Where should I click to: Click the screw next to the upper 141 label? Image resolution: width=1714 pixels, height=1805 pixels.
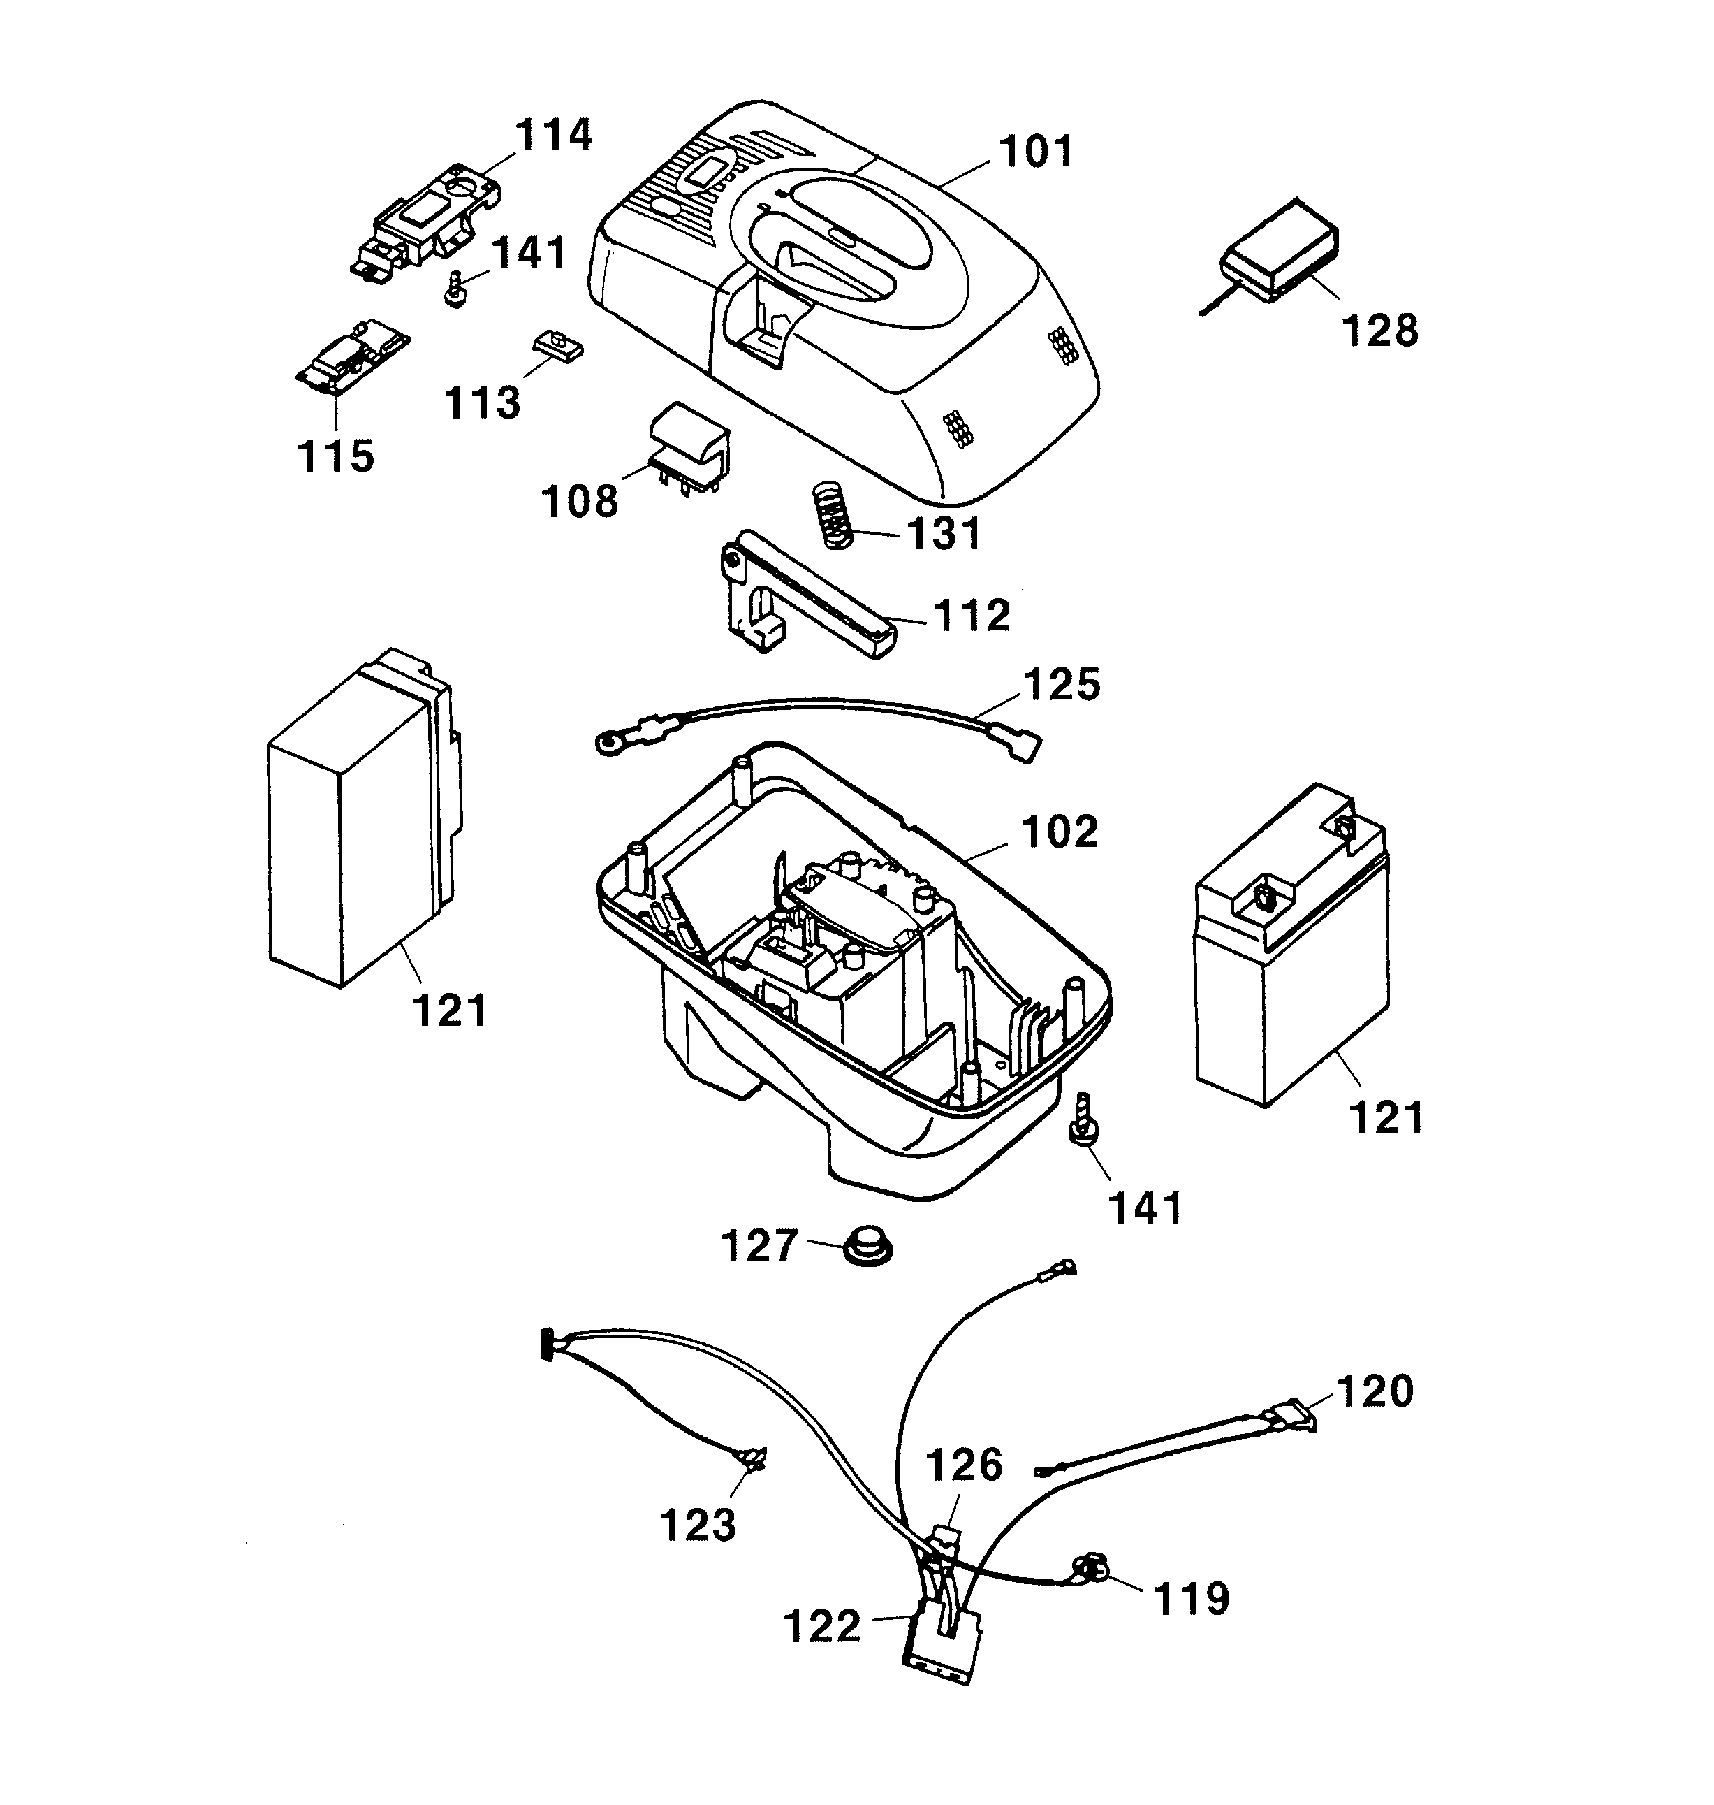(454, 291)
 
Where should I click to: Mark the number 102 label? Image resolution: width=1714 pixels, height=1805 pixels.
(1060, 831)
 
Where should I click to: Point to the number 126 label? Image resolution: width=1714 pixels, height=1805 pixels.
(964, 1465)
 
